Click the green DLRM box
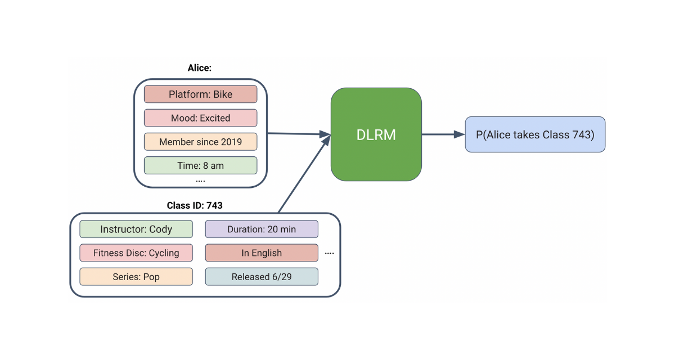pos(376,134)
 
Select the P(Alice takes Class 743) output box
pos(535,134)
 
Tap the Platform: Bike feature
pos(200,94)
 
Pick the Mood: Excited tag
pos(200,118)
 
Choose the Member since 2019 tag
pos(200,142)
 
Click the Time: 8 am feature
pos(200,165)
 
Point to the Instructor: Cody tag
pos(136,229)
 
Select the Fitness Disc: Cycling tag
pos(136,253)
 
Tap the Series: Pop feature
pos(136,277)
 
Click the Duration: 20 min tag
pos(262,229)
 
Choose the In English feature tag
pos(262,253)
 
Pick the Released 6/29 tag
pos(262,277)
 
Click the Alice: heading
pos(200,68)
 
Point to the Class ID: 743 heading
pos(195,205)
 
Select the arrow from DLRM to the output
pos(443,134)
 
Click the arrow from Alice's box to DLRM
pos(298,134)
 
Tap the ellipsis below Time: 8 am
pos(200,181)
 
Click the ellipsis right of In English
pos(330,254)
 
